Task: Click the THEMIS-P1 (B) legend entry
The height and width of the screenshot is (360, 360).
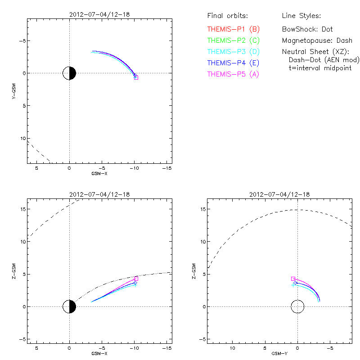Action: (x=234, y=29)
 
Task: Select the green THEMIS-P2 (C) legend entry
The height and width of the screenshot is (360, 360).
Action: (x=234, y=40)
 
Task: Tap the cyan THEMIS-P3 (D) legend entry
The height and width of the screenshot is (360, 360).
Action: (x=234, y=52)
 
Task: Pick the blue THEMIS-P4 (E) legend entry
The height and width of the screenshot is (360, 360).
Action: (x=234, y=63)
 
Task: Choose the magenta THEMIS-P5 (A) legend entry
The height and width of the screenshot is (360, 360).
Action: (x=234, y=74)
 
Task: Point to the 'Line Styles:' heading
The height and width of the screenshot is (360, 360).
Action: (x=301, y=16)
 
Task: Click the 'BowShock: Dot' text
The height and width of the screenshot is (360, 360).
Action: (x=307, y=29)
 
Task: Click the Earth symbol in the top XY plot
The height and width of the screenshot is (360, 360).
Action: (x=69, y=73)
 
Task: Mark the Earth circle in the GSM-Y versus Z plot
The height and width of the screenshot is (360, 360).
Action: (x=297, y=306)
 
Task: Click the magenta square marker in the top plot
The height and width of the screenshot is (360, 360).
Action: (x=136, y=78)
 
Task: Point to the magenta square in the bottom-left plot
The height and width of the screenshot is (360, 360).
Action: (x=136, y=279)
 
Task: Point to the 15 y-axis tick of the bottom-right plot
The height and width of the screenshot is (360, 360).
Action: (x=202, y=209)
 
